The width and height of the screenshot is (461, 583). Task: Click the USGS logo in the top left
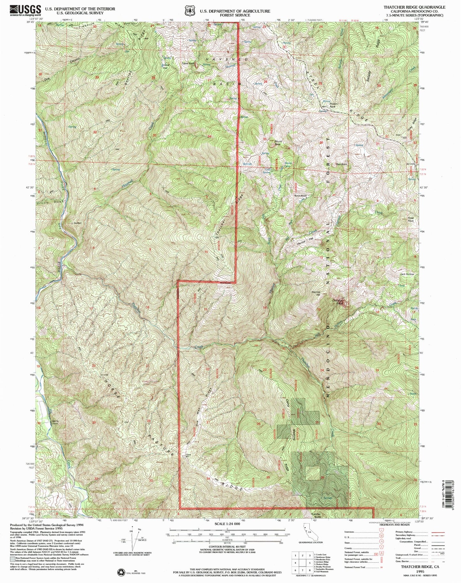(x=26, y=10)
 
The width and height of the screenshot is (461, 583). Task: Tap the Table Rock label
(x=188, y=64)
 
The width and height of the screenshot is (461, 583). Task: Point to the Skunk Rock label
(x=278, y=143)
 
